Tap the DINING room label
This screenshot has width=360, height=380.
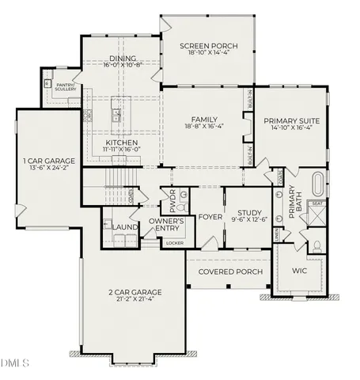(123, 58)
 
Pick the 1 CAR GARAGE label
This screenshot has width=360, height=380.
(47, 161)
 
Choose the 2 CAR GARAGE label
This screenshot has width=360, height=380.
(135, 293)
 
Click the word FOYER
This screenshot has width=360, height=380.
(210, 215)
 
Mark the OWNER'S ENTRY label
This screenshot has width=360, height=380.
(167, 224)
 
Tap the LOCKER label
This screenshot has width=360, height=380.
(174, 243)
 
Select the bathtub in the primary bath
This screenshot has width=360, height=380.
(316, 184)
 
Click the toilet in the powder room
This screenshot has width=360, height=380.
(181, 194)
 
